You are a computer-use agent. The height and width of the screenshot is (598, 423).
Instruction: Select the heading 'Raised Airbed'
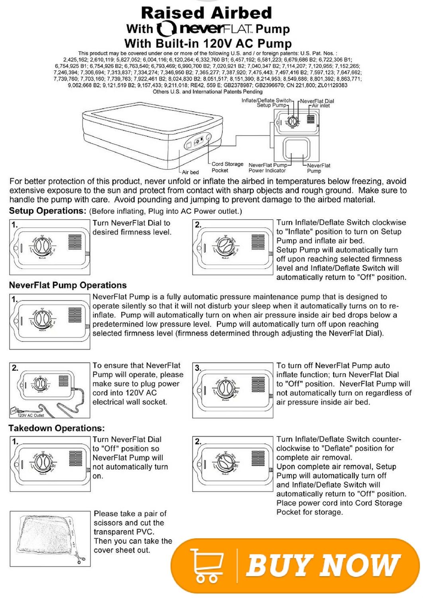(206, 13)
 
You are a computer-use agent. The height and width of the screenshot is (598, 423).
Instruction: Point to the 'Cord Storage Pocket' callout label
(227, 167)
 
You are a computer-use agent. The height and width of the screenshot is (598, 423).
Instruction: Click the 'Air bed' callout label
(190, 172)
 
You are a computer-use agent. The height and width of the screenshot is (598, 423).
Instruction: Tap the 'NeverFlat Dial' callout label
(317, 101)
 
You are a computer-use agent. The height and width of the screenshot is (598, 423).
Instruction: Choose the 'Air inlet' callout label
(321, 106)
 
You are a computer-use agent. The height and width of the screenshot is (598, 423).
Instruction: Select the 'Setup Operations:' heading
(47, 211)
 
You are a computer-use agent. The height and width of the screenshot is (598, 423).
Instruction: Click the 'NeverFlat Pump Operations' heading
(68, 285)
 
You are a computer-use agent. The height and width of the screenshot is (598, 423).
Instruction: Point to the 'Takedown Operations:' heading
(57, 428)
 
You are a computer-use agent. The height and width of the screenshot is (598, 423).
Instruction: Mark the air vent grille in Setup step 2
(258, 242)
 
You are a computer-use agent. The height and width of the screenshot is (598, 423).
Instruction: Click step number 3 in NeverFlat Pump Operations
(198, 368)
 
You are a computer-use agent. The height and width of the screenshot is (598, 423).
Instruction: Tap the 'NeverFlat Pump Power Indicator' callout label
(268, 168)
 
